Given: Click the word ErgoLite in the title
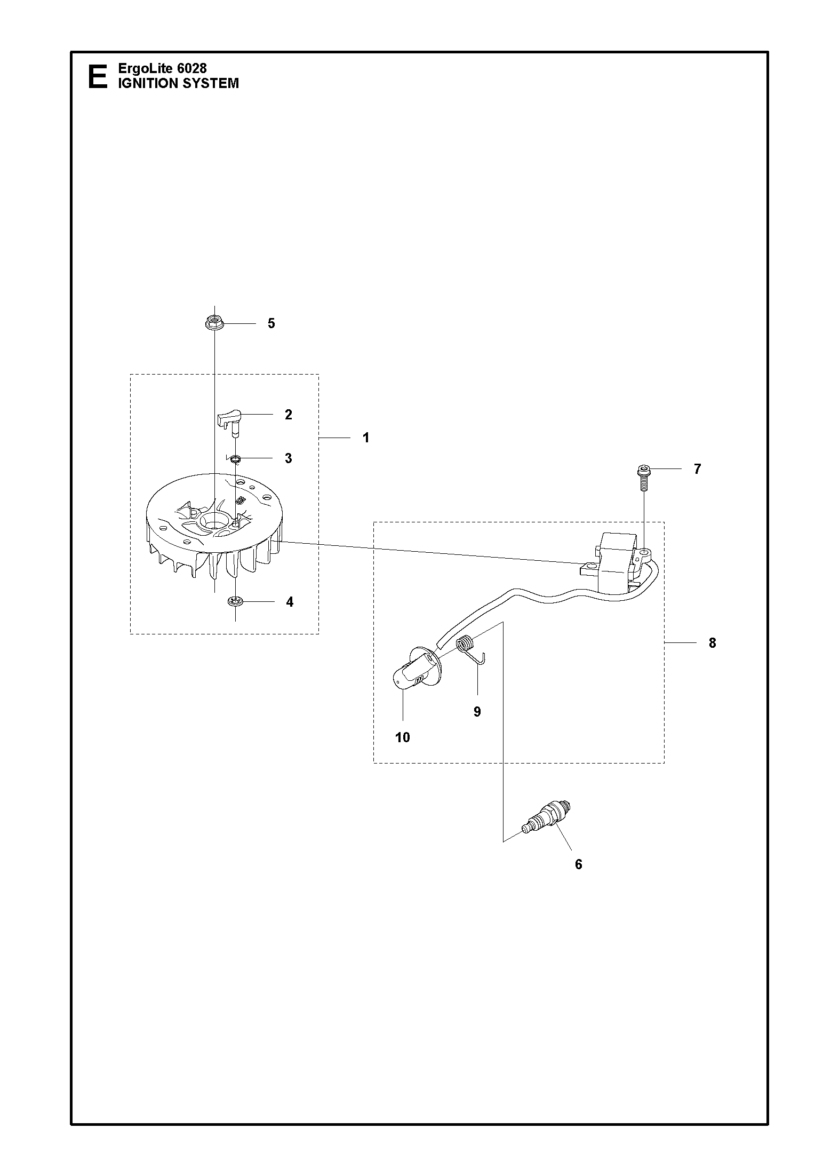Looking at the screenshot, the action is click(x=141, y=68).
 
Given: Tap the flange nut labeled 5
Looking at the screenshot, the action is click(x=214, y=323).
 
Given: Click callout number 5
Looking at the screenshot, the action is click(x=271, y=323).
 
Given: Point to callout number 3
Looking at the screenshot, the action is click(x=289, y=458).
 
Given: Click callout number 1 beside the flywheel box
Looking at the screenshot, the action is click(x=366, y=438).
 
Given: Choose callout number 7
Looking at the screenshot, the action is click(x=697, y=469).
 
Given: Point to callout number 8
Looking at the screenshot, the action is click(x=713, y=643).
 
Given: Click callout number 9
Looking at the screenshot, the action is click(x=477, y=711).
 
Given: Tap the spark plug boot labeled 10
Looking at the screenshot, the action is click(x=416, y=671).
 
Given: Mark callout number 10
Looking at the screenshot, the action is click(x=403, y=737).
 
